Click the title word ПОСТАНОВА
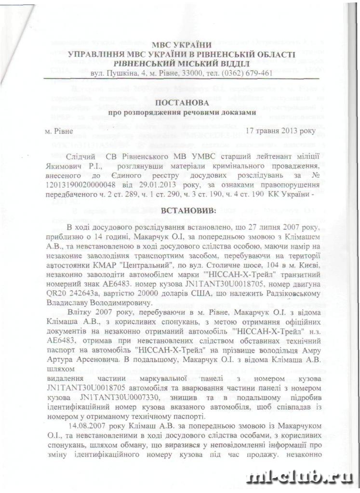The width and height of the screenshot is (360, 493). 176,103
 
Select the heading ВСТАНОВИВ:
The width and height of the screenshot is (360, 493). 175,210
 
